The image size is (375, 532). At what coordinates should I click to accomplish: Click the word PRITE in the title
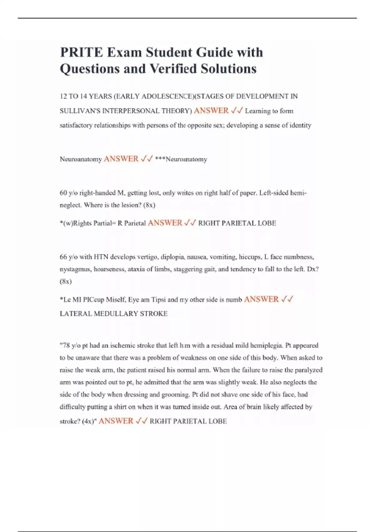point(81,52)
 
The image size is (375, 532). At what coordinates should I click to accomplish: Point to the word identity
point(299,125)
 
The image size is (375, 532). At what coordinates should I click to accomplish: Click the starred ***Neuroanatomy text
point(181,159)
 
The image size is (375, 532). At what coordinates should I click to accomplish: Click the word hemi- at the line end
point(299,193)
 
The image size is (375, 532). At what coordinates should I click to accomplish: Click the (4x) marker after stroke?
point(89,421)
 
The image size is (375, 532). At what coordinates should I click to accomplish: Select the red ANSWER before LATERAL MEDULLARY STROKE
point(261,299)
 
